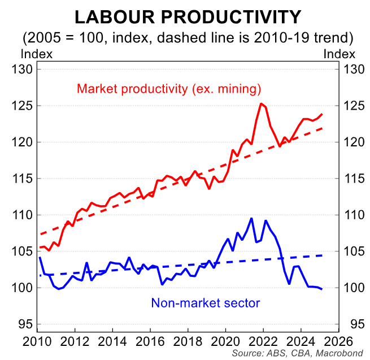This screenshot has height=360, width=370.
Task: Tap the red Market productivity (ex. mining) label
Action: click(x=169, y=89)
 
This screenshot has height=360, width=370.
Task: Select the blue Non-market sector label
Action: click(x=205, y=302)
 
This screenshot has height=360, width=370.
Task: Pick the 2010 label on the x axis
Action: click(x=37, y=341)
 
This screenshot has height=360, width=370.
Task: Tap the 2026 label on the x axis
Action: click(x=338, y=341)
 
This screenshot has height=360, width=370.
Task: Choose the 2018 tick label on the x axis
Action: click(x=188, y=341)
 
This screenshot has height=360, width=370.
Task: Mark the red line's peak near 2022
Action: click(x=261, y=103)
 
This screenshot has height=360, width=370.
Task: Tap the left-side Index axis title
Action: click(x=37, y=54)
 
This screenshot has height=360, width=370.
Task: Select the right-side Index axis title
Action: click(x=339, y=54)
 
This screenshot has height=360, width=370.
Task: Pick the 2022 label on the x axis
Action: click(x=263, y=341)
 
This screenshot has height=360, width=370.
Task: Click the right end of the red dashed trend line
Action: click(x=323, y=128)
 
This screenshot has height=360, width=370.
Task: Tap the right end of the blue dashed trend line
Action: click(x=323, y=255)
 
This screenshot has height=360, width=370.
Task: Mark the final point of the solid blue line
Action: click(x=323, y=289)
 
